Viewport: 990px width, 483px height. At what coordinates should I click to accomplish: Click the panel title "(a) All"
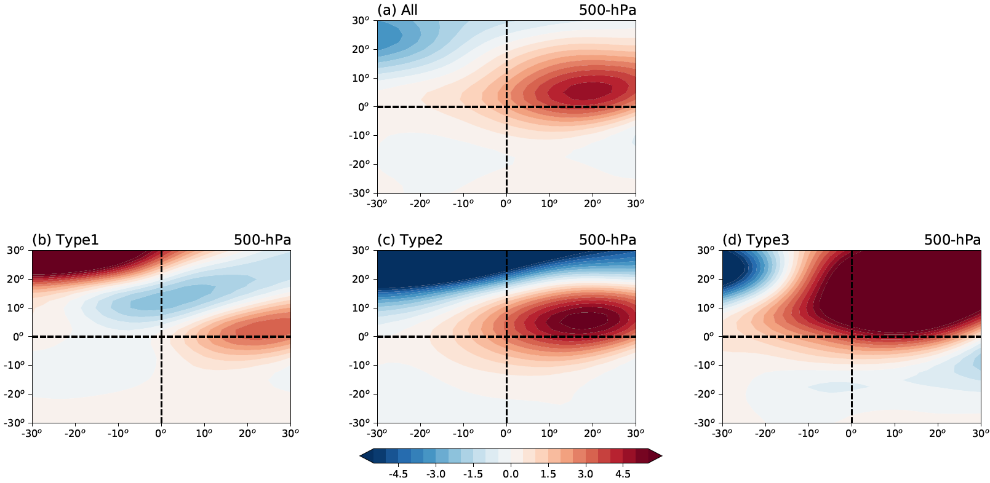[397, 10]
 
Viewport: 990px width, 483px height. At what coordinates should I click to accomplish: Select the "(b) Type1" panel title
[65, 240]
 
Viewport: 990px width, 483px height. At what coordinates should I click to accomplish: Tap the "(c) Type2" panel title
[410, 240]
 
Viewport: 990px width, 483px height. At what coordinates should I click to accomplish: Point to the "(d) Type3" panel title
[756, 240]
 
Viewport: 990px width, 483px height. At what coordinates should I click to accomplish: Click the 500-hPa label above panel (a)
[607, 10]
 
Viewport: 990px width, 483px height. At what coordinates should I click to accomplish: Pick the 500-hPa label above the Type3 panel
[952, 240]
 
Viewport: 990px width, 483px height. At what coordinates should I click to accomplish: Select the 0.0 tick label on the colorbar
[511, 474]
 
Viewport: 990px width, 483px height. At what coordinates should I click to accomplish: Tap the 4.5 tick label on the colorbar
[623, 474]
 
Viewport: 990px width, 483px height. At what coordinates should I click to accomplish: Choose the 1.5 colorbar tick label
[548, 474]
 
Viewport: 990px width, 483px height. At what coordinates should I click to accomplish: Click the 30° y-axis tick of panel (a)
[360, 21]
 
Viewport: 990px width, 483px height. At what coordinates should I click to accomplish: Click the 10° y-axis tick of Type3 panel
[705, 308]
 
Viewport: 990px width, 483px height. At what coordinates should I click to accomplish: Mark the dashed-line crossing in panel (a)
[506, 107]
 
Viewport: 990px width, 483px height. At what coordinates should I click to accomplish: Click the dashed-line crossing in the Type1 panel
[161, 337]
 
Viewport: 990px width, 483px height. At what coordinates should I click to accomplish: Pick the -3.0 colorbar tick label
[436, 474]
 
